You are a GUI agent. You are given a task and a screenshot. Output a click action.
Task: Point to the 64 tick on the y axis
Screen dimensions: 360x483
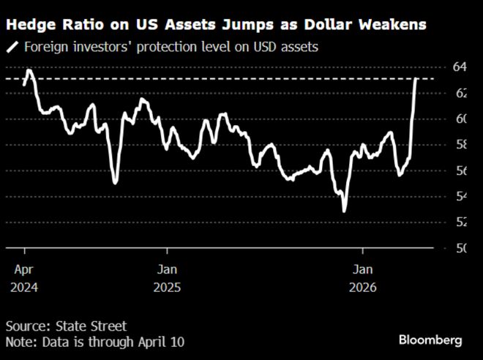pyautogui.click(x=460, y=67)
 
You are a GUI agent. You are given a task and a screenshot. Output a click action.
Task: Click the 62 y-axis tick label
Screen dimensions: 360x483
pyautogui.click(x=460, y=93)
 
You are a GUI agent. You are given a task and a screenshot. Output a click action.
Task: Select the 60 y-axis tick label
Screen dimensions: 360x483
pyautogui.click(x=460, y=119)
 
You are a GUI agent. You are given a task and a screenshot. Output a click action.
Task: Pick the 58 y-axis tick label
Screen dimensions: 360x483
pyautogui.click(x=460, y=145)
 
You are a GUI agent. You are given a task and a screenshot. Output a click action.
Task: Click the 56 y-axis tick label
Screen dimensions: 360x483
pyautogui.click(x=460, y=170)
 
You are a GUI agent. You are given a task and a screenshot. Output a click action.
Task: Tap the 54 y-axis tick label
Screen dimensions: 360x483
pyautogui.click(x=460, y=196)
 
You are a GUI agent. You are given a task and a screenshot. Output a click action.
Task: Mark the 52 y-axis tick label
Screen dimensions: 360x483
pyautogui.click(x=460, y=222)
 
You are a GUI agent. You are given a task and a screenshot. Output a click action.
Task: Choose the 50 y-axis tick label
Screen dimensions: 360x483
pyautogui.click(x=460, y=248)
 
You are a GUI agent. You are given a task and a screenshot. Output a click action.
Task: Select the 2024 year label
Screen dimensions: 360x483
pyautogui.click(x=22, y=288)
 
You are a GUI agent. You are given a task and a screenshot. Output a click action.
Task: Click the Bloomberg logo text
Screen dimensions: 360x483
pyautogui.click(x=430, y=340)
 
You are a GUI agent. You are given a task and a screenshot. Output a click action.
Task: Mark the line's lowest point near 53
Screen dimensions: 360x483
pyautogui.click(x=344, y=211)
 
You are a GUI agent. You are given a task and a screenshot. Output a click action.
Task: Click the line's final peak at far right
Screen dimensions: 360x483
pyautogui.click(x=416, y=78)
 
